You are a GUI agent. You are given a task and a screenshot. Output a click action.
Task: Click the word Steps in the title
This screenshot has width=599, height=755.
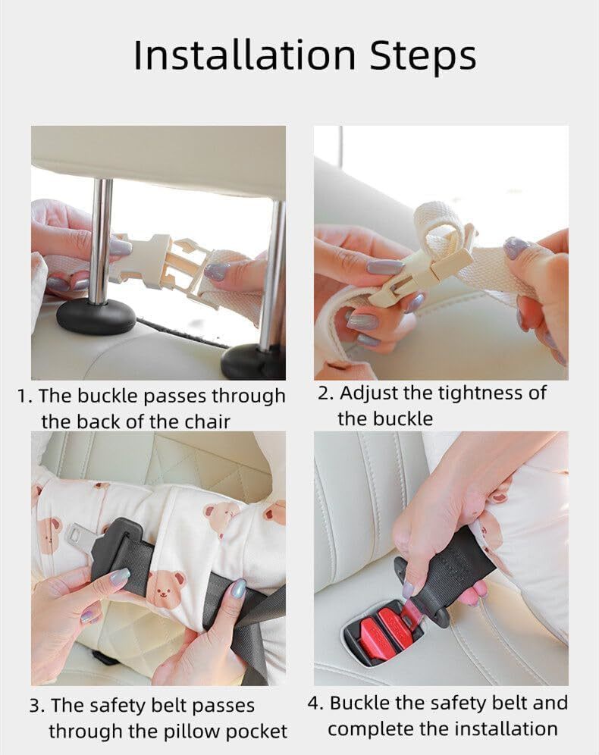pyautogui.click(x=423, y=56)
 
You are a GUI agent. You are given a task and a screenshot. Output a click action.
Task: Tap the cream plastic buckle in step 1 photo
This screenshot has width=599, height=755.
pyautogui.click(x=159, y=263)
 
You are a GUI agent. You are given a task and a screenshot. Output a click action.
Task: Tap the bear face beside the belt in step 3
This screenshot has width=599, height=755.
pyautogui.click(x=165, y=585)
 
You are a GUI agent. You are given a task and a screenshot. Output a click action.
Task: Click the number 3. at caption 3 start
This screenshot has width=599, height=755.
pyautogui.click(x=36, y=706)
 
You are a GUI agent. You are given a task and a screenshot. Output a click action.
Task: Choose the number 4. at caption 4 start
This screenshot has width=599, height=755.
pyautogui.click(x=315, y=703)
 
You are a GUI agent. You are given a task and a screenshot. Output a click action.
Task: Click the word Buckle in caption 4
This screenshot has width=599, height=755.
pyautogui.click(x=359, y=703)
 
